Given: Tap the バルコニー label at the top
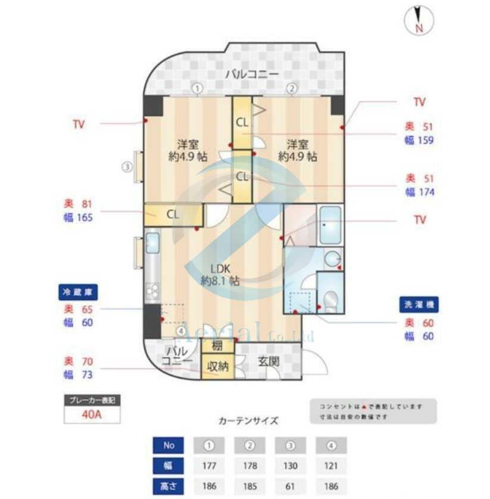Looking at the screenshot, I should click(252, 75).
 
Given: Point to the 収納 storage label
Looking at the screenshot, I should click(217, 366).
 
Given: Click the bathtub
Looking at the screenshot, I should click(330, 225).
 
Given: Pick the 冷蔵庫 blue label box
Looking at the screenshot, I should click(78, 293).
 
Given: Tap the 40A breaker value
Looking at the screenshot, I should click(92, 414).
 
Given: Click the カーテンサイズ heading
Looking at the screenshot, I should click(248, 420).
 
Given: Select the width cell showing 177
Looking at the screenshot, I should click(209, 465).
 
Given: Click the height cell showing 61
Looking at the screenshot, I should click(291, 486).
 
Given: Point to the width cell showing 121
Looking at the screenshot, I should click(332, 465).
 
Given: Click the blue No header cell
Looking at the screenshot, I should click(168, 445).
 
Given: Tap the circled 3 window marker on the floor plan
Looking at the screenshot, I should click(127, 167).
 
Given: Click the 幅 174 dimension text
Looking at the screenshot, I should click(420, 192).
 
